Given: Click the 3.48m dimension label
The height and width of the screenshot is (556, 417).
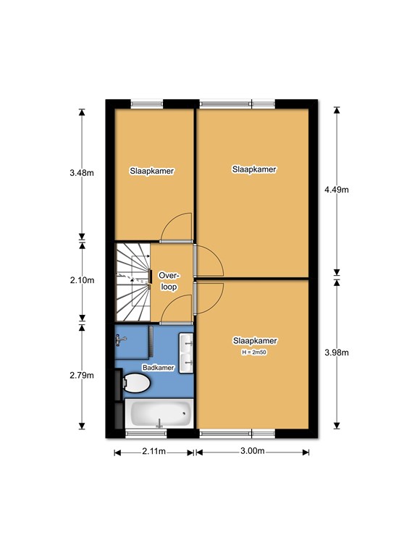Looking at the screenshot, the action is (82, 173).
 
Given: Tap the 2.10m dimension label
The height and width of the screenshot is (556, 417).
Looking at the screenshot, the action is (82, 280).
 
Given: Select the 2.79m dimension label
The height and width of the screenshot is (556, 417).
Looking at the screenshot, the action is (82, 375).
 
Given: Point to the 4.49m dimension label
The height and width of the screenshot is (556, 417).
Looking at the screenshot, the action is (337, 190).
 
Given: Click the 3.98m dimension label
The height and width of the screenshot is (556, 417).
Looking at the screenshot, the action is (337, 353).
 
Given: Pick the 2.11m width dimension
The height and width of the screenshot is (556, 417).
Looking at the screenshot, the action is (154, 451).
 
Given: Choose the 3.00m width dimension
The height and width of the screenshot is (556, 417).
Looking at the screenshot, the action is (253, 451).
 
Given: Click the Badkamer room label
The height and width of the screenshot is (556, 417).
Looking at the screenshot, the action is (158, 368).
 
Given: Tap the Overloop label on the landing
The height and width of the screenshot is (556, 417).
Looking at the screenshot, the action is (169, 281).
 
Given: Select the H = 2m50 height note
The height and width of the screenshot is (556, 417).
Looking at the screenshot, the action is (254, 353).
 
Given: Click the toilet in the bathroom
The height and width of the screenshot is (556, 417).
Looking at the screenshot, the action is (136, 383).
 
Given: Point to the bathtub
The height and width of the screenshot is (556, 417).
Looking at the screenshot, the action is (159, 413).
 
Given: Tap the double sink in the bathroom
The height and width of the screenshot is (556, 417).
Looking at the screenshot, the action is (186, 353).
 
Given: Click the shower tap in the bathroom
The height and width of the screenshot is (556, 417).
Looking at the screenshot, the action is (121, 341).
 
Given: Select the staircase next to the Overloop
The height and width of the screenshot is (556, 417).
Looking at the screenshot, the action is (132, 282).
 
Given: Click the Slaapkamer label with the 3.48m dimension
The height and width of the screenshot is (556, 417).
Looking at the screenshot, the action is (152, 171).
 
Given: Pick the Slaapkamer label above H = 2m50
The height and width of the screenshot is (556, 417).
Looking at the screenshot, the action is (255, 341).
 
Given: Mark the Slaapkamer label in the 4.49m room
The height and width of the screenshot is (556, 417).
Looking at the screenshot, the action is (254, 169).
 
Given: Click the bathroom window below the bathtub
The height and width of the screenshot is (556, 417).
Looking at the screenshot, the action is (146, 433).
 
